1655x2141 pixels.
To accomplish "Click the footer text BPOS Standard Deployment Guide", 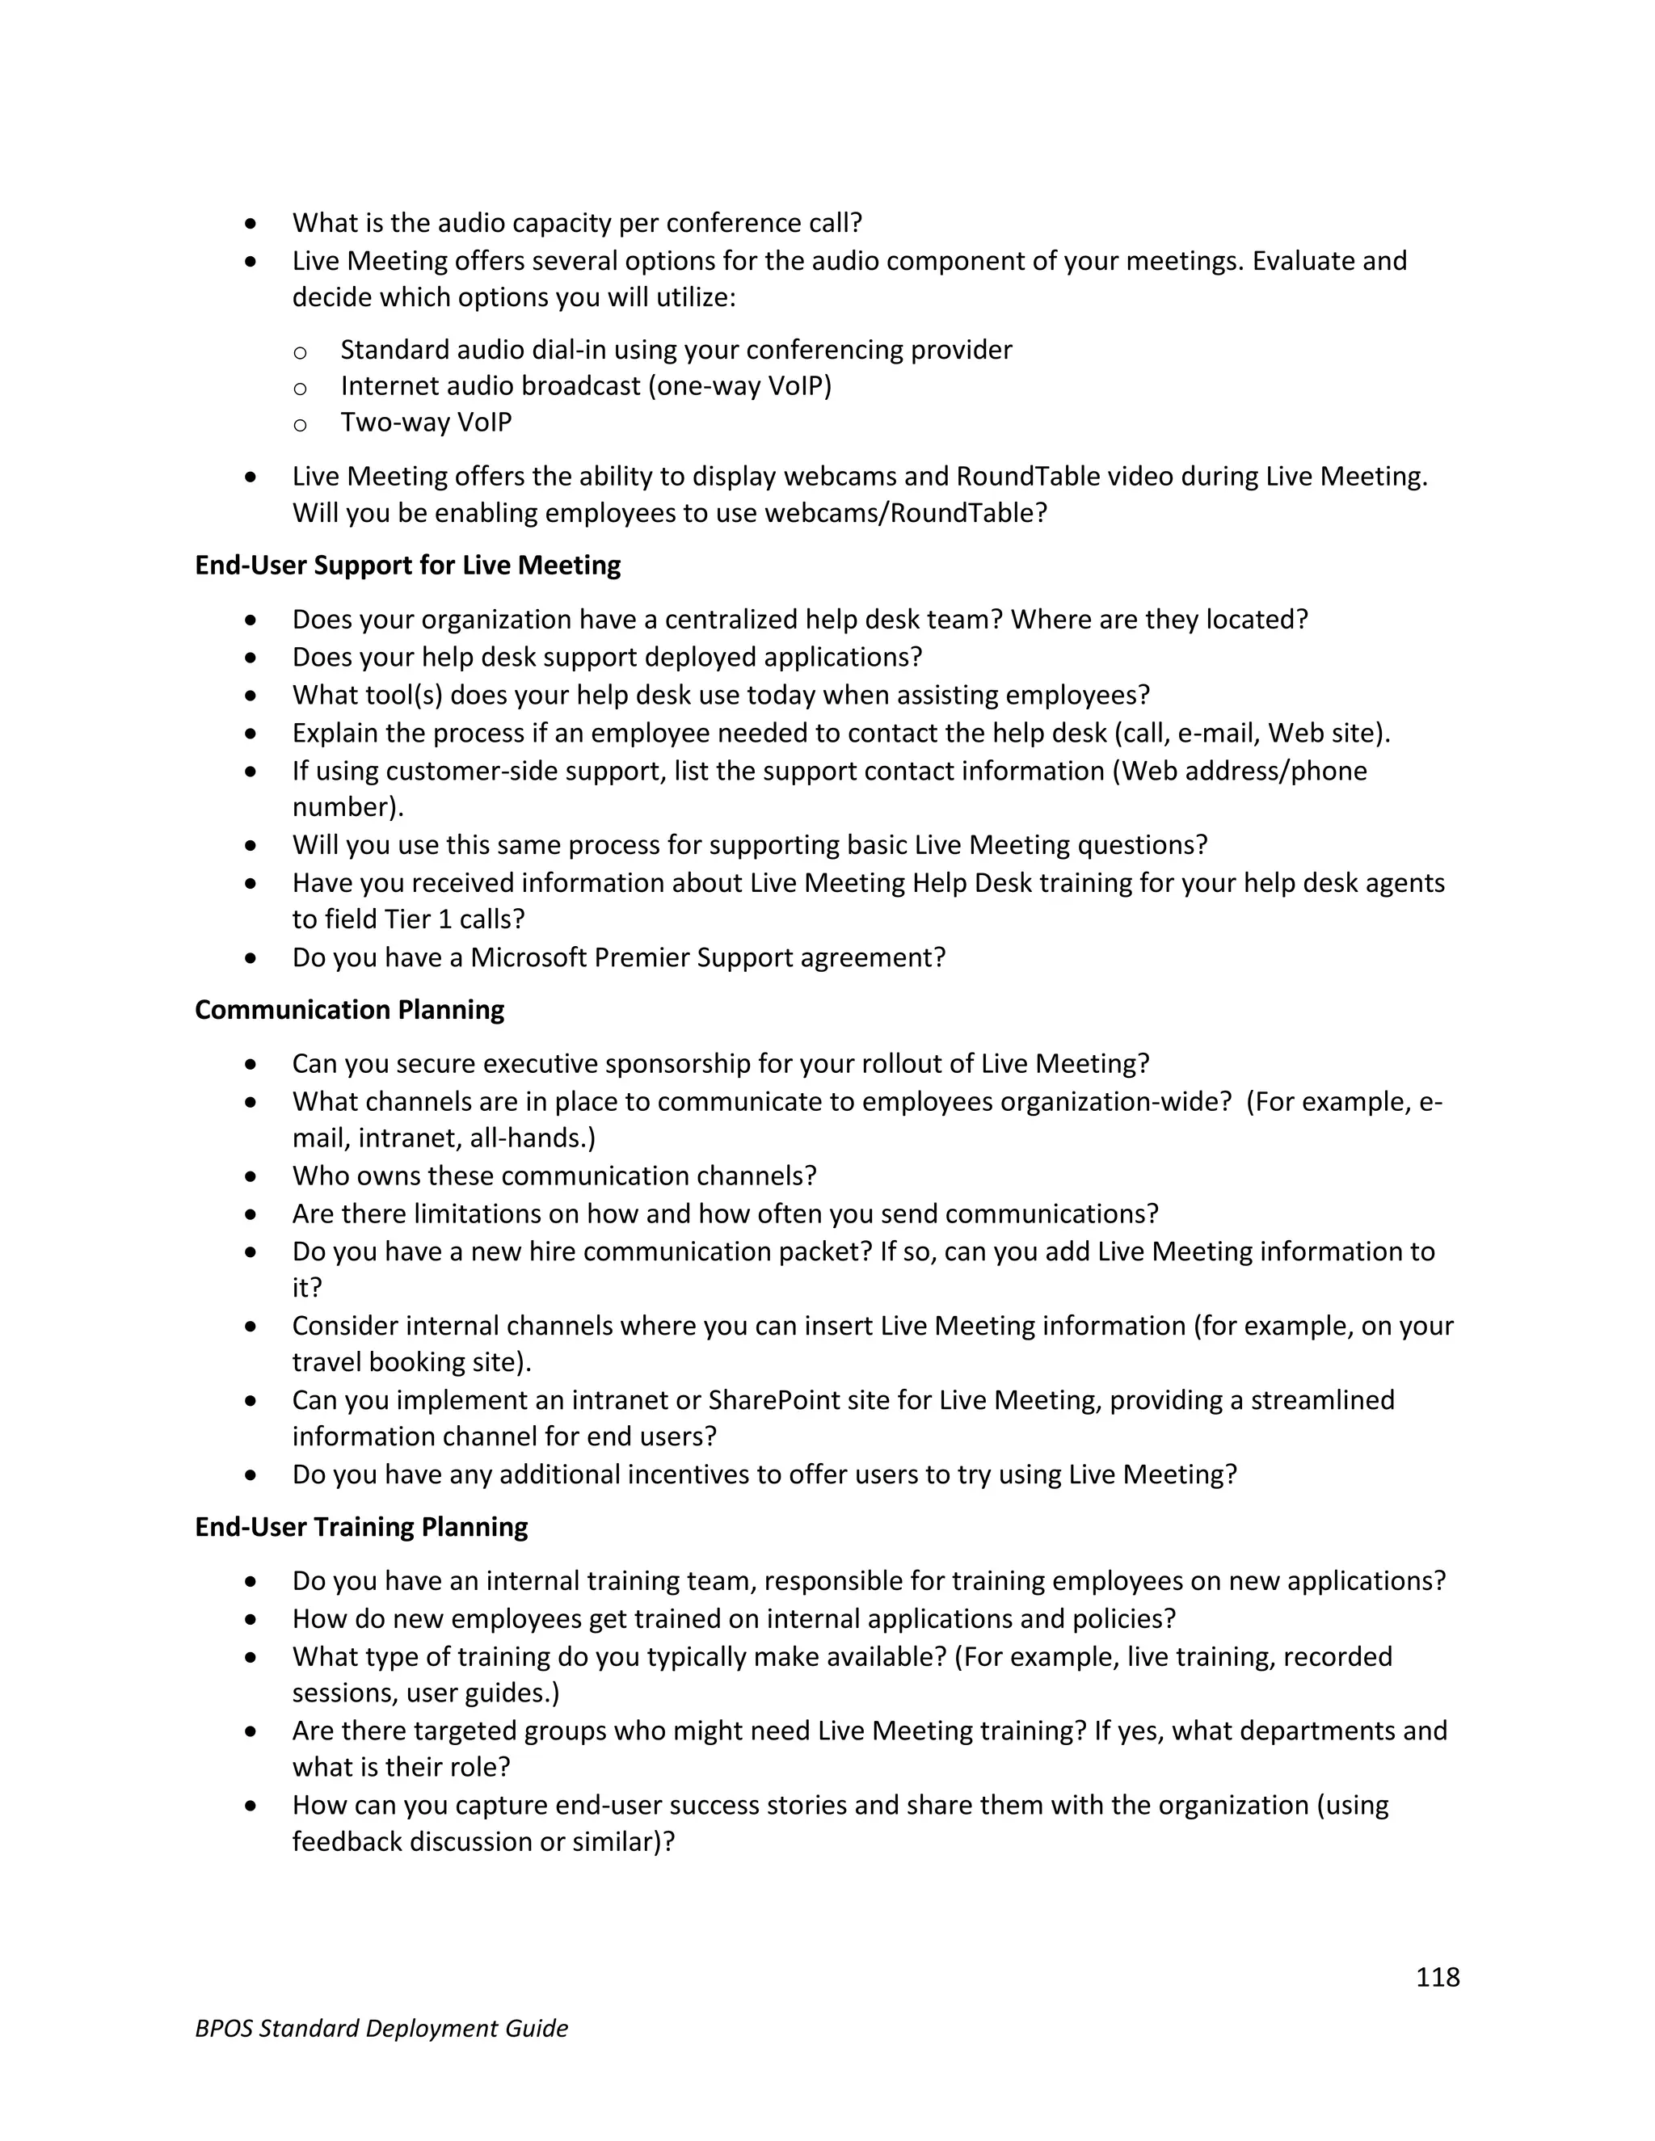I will tap(381, 2028).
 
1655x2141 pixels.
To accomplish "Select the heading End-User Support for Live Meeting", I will tap(407, 566).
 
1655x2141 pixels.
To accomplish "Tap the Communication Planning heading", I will tap(349, 1010).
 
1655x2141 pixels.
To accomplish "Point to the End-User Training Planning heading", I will tap(360, 1527).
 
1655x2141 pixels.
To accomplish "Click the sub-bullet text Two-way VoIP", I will tap(426, 423).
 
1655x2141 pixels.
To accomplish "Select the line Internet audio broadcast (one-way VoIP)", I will tap(585, 386).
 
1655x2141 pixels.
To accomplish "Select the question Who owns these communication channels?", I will tap(554, 1176).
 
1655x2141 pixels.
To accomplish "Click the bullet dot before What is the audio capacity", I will tap(252, 224).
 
